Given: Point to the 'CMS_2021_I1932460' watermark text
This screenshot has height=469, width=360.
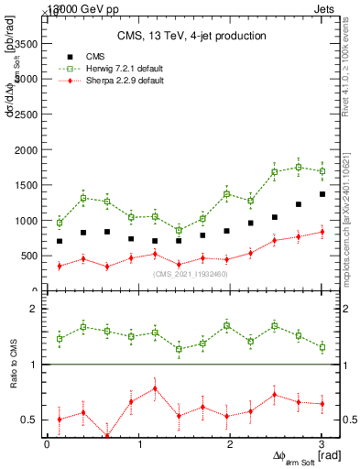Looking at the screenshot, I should pyautogui.click(x=191, y=274).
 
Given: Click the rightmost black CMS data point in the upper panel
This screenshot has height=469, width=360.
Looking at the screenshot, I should pyautogui.click(x=322, y=194).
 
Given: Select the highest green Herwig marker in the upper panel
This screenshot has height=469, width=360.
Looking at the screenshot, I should pyautogui.click(x=299, y=167).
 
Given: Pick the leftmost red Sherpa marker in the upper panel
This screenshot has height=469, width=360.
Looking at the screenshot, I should pyautogui.click(x=60, y=266).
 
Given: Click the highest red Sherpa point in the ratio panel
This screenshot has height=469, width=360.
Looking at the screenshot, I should pyautogui.click(x=155, y=387).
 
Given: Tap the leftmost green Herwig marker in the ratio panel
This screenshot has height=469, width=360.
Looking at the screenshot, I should pyautogui.click(x=60, y=338).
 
